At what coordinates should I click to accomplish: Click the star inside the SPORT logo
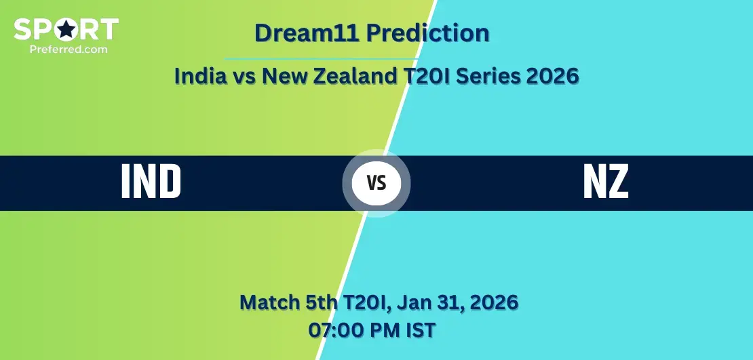(66, 29)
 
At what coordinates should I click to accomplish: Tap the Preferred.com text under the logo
(69, 49)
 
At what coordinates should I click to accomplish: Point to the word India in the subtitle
(200, 76)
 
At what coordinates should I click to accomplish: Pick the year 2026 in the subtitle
(552, 76)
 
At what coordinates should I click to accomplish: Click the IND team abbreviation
(151, 182)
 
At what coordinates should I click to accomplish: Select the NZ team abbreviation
(606, 182)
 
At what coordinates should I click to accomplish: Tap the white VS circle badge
(376, 183)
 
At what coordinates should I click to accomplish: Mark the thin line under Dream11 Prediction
(321, 58)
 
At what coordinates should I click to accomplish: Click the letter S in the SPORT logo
(22, 29)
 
